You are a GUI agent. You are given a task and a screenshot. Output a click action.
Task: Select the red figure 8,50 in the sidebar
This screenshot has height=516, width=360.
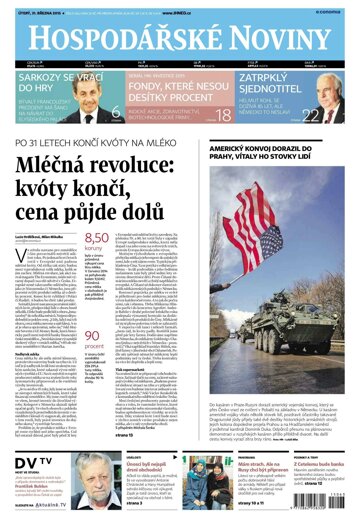click(97, 236)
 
